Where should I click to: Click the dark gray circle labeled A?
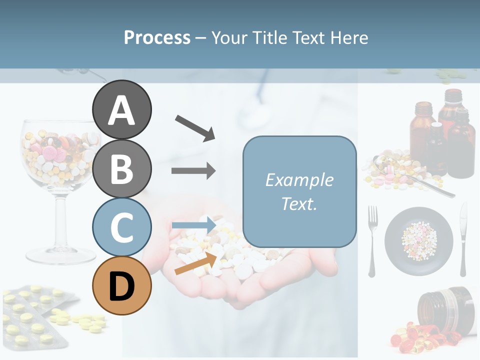tap(121, 109)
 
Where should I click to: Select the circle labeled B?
tap(121, 168)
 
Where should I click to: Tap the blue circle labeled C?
tap(121, 227)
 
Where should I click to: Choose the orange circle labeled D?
tap(121, 285)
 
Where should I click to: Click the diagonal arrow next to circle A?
tap(195, 127)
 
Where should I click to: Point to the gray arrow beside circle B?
tap(193, 171)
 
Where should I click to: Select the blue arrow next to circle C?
tap(193, 225)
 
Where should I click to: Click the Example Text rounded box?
tap(299, 191)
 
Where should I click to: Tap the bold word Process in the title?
tap(157, 37)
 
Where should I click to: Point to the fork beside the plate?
tap(372, 240)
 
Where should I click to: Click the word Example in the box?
tap(299, 179)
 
